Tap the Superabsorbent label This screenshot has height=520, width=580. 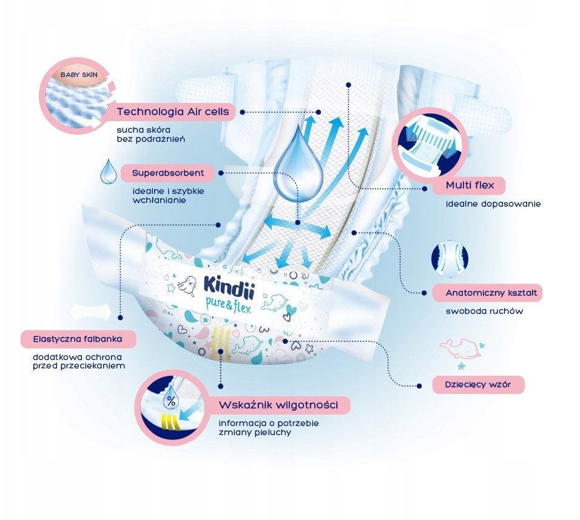coord(169,173)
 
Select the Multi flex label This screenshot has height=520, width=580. coord(467,184)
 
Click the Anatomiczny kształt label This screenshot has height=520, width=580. coord(485,293)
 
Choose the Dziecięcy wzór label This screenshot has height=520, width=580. coord(478,384)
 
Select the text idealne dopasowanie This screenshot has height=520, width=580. coord(493,204)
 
